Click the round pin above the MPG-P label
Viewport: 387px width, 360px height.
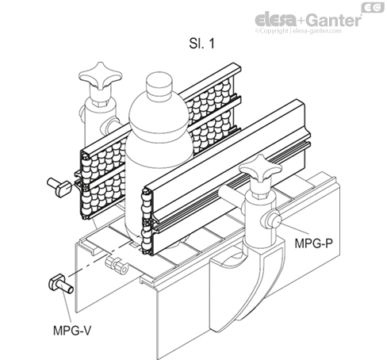(271, 219)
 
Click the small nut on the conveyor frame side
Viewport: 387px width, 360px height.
(117, 263)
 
